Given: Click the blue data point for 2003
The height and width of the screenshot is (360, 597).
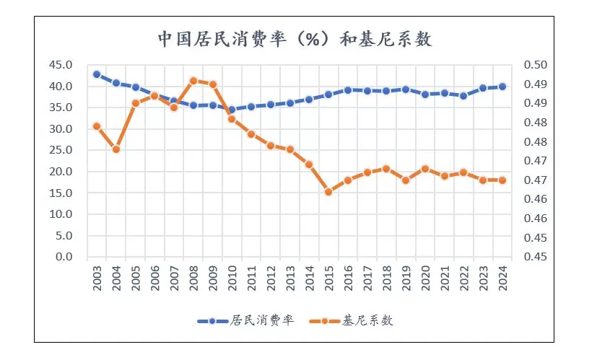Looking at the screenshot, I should [x=97, y=74].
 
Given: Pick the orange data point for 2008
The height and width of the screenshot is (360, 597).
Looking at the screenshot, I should [x=193, y=81].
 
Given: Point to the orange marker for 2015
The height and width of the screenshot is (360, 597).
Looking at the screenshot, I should [x=328, y=192].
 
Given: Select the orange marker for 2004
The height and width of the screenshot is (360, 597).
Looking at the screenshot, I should [x=116, y=149].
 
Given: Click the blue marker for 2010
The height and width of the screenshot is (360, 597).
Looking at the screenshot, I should [x=232, y=110].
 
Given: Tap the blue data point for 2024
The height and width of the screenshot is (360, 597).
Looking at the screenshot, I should [x=502, y=87].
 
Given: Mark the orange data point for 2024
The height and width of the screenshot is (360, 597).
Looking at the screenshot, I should [x=502, y=180].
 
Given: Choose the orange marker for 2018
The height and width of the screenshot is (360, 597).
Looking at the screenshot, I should [x=386, y=169].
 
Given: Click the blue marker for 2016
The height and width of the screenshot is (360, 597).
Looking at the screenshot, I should [x=348, y=90].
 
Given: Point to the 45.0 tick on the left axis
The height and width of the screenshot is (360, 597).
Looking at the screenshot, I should [x=63, y=65].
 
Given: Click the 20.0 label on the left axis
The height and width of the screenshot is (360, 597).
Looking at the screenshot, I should [x=63, y=172].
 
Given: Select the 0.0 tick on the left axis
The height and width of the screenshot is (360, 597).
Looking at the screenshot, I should [x=66, y=257].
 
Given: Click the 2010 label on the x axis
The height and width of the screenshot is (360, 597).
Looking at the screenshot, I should [x=232, y=277].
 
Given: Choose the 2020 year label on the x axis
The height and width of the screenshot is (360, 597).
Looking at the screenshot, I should [x=425, y=277].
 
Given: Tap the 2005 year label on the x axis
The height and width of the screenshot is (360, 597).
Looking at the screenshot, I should [x=135, y=277].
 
